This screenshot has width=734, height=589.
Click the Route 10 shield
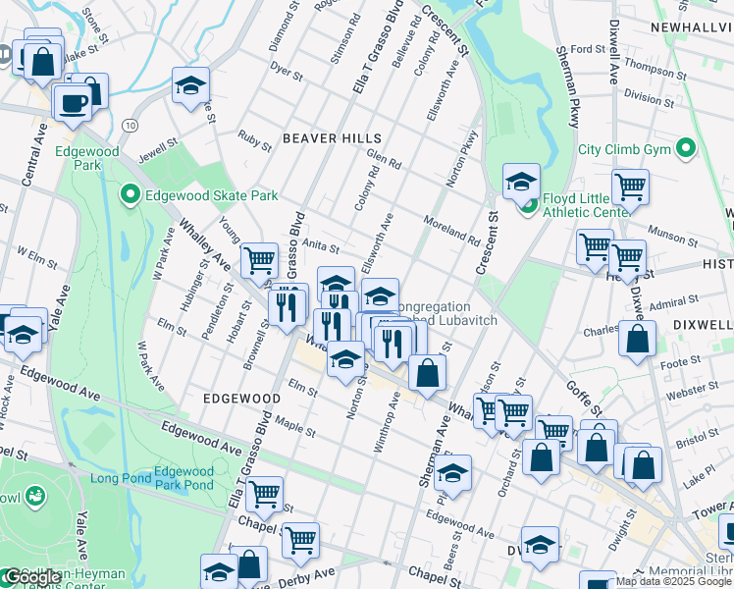[x=131, y=126]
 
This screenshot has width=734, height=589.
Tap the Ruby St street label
[x=255, y=140]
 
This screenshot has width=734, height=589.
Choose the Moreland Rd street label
[x=451, y=232]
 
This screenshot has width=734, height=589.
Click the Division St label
[x=649, y=98]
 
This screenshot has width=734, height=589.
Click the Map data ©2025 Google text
[x=674, y=581]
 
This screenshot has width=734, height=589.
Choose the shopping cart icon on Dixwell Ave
[x=629, y=187]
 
